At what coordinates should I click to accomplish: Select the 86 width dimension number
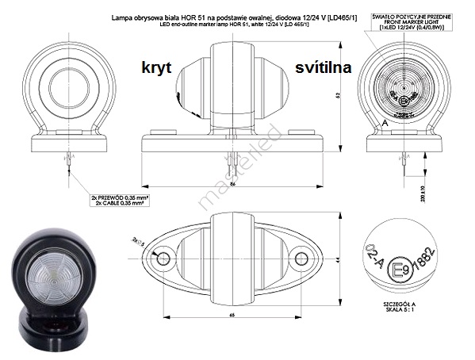pyautogui.click(x=232, y=183)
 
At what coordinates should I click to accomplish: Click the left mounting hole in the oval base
pyautogui.click(x=163, y=259)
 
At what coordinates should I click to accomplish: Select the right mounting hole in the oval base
pyautogui.click(x=301, y=259)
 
